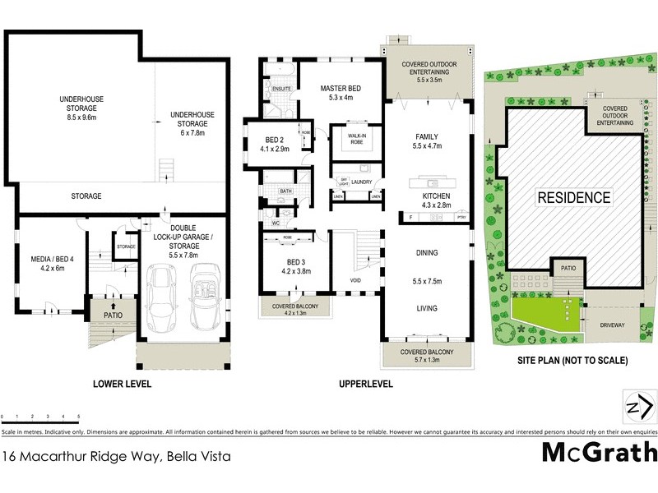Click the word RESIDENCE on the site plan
[x=574, y=197]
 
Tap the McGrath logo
[x=599, y=452]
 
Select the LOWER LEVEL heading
[x=120, y=384]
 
